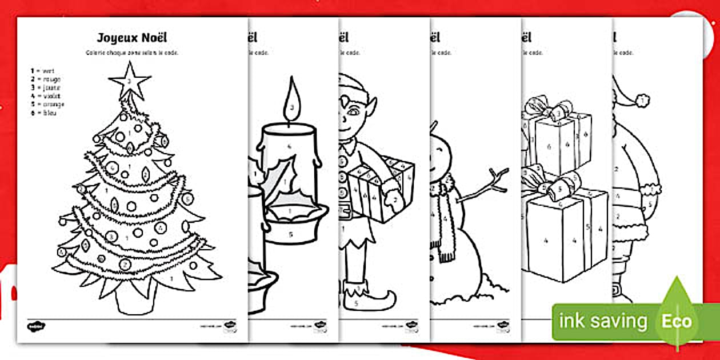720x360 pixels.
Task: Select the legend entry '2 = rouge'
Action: point(46,79)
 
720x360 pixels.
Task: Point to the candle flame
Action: point(292,103)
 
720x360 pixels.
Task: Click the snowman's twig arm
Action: point(486,189)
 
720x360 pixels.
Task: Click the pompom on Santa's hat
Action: point(643,102)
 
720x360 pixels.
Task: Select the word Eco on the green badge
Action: point(677,321)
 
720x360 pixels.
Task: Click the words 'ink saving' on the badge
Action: point(603,322)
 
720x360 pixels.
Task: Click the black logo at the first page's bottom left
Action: point(36,326)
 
